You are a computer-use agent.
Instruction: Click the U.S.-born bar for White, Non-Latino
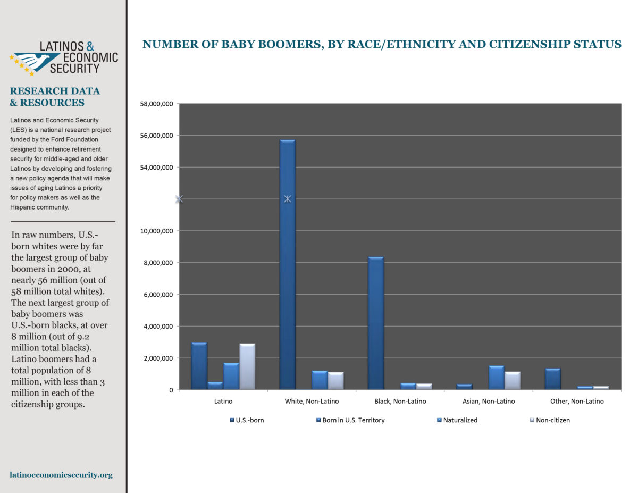pyautogui.click(x=287, y=264)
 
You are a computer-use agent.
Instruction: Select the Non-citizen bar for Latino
pyautogui.click(x=247, y=366)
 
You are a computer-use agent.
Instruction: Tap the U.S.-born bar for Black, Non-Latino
pyautogui.click(x=376, y=323)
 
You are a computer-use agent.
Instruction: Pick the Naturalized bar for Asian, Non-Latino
pyautogui.click(x=496, y=378)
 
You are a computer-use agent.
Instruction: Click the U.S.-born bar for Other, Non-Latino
pyautogui.click(x=553, y=379)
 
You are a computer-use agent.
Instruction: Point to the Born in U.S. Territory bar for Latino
pyautogui.click(x=215, y=386)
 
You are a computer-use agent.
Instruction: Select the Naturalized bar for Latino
pyautogui.click(x=231, y=376)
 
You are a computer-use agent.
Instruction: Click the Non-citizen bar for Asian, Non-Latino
pyautogui.click(x=513, y=381)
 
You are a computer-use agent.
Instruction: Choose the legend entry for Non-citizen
pyautogui.click(x=550, y=420)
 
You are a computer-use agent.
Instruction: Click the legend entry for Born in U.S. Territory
pyautogui.click(x=350, y=420)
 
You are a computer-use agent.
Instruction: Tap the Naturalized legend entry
pyautogui.click(x=457, y=420)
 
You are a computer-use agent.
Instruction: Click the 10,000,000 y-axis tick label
pyautogui.click(x=156, y=231)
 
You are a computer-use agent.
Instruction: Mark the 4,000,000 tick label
pyautogui.click(x=158, y=327)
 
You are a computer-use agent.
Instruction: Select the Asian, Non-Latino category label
pyautogui.click(x=489, y=402)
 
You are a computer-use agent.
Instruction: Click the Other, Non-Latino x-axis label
pyautogui.click(x=577, y=402)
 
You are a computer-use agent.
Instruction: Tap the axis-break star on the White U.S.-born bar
pyautogui.click(x=288, y=199)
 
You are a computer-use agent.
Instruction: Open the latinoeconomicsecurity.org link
pyautogui.click(x=61, y=475)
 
